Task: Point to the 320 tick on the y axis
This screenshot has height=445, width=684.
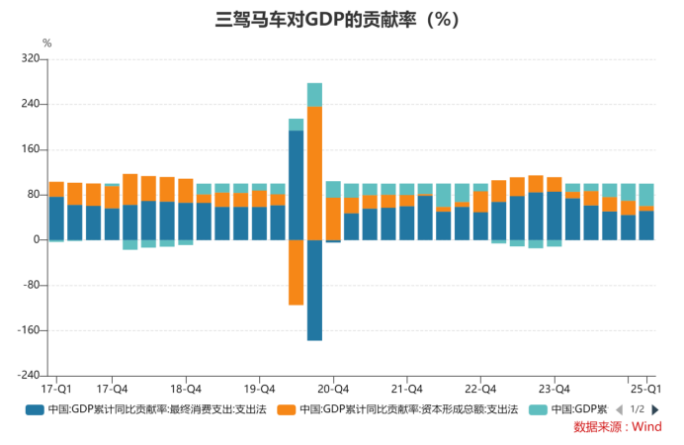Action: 30,59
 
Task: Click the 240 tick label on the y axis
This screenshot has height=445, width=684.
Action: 30,105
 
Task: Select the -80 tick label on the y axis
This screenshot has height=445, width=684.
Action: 30,286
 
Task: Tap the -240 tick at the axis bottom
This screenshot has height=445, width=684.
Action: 28,376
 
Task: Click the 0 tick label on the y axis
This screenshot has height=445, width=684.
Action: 36,240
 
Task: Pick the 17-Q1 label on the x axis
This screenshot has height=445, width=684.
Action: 56,389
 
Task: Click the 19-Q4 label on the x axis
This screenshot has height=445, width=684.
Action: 259,389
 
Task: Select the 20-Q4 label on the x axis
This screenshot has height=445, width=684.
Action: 333,389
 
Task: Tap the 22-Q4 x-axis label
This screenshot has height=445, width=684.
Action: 480,389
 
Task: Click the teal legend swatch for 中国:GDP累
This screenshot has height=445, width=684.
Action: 538,409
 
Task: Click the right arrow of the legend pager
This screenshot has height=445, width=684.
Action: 655,409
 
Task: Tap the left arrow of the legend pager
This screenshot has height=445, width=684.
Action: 619,409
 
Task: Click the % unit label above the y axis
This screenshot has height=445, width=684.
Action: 46,44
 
